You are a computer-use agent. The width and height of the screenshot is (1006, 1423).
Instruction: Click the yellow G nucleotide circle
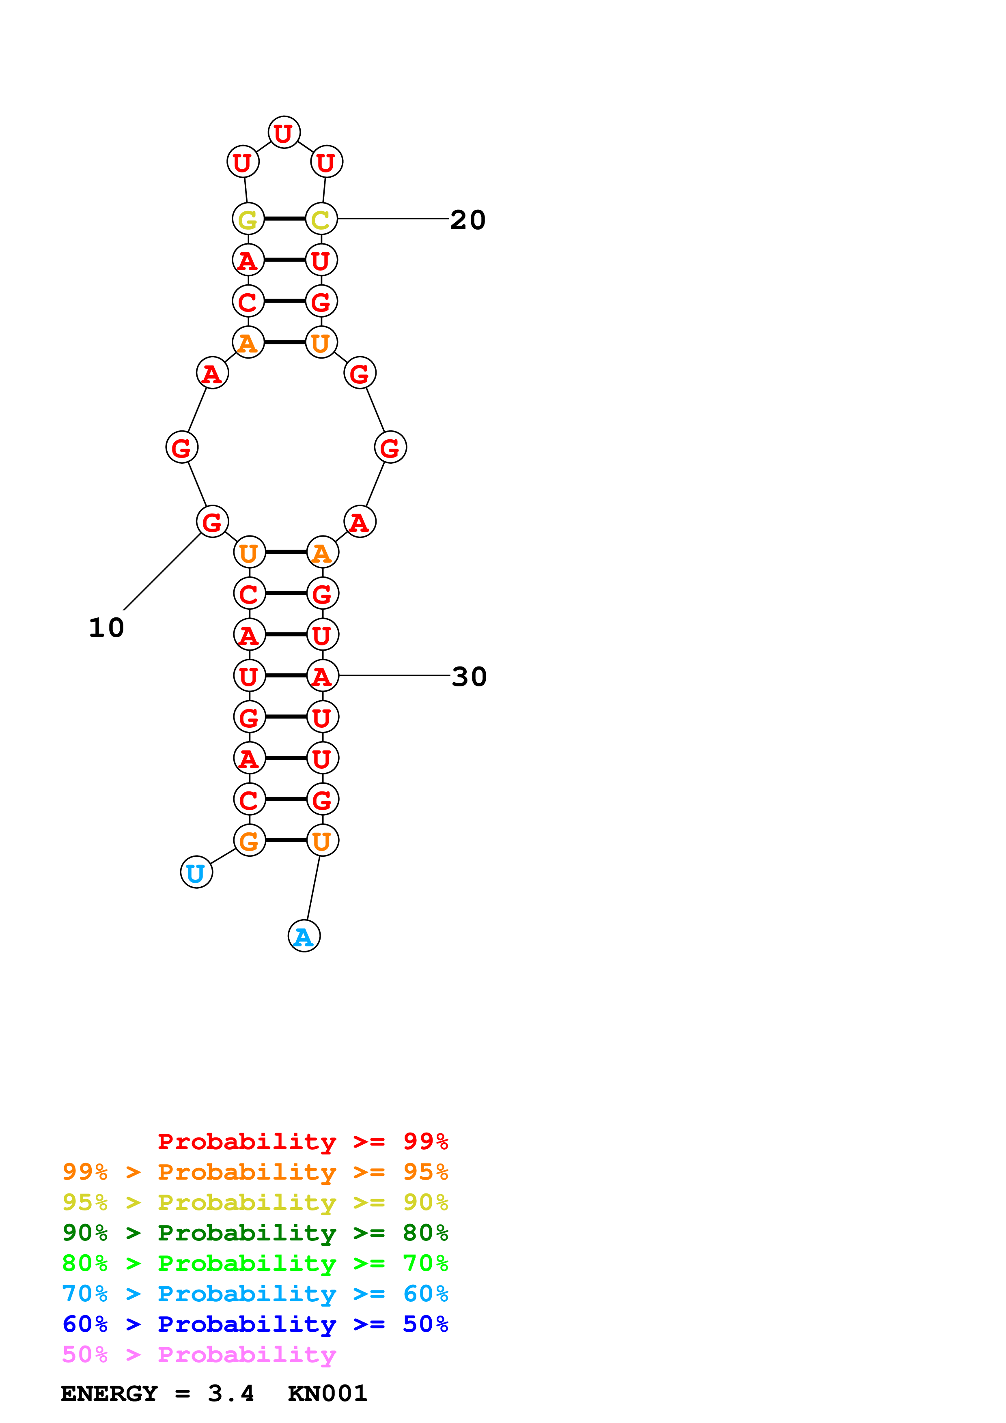point(248,219)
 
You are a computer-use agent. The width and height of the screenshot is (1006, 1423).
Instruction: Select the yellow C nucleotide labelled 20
point(321,219)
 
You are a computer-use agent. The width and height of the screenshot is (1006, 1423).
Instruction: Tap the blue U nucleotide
point(196,872)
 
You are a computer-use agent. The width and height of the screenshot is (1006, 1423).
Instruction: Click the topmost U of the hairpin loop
point(284,133)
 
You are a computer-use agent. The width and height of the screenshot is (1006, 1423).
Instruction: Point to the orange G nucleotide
point(249,840)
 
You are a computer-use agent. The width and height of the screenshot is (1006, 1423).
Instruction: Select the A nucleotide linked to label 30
point(322,675)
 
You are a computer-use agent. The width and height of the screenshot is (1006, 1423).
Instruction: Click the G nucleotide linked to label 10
point(212,521)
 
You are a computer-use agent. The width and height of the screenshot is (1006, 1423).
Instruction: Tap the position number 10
point(107,628)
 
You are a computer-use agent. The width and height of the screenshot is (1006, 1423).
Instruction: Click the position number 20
point(468,220)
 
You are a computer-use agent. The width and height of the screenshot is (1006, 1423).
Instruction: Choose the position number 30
point(469,677)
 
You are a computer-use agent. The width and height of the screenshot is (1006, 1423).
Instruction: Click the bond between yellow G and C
point(284,219)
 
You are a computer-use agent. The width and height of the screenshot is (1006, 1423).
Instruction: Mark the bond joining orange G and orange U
point(286,840)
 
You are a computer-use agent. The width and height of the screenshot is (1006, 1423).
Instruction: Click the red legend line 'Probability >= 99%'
point(302,1141)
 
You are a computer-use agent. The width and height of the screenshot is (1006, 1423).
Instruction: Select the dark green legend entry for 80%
point(255,1233)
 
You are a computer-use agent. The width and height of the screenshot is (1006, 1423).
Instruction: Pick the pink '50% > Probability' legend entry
point(199,1354)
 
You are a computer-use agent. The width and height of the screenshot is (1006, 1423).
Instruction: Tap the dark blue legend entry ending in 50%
point(255,1324)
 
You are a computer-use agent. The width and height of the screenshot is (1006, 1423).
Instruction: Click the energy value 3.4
point(230,1393)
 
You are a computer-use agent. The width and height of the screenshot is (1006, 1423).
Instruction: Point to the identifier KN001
point(327,1393)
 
